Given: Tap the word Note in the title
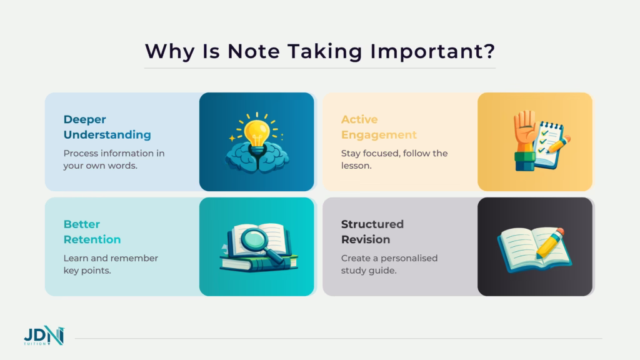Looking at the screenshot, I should pos(255,51).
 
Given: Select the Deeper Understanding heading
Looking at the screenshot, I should pos(107,127).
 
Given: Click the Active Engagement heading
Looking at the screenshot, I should pos(379,127).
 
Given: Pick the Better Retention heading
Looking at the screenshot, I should pos(92,232).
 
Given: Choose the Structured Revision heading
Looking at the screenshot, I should pos(372,232).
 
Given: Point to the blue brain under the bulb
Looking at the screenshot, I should pos(256,158).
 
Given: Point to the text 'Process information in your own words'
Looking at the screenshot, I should pos(114,159).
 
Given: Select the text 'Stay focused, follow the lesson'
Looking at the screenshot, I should pos(394,159).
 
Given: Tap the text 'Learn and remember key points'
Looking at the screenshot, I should pos(111,264).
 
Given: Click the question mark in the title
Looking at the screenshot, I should pos(489,51).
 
